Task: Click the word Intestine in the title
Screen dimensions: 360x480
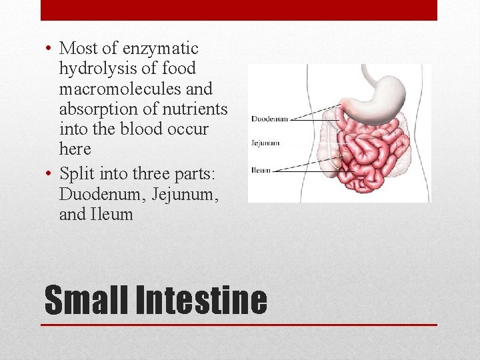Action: click(x=201, y=300)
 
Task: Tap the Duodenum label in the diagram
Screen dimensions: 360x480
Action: click(x=269, y=119)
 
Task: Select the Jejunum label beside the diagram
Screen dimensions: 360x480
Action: click(x=265, y=143)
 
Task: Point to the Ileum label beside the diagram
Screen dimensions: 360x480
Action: click(x=261, y=171)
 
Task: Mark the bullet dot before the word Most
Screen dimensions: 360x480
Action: click(x=51, y=49)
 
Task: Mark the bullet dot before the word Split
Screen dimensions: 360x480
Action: click(x=51, y=175)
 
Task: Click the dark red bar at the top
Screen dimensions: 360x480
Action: click(x=239, y=10)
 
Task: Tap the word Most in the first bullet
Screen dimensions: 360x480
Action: click(x=78, y=49)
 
